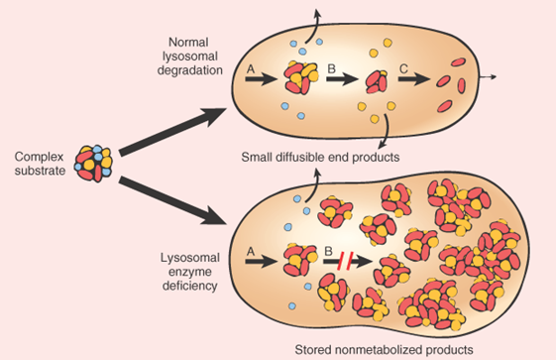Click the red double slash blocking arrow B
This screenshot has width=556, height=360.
pos(344,262)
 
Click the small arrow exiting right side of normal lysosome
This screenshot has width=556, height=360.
pos(488,75)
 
